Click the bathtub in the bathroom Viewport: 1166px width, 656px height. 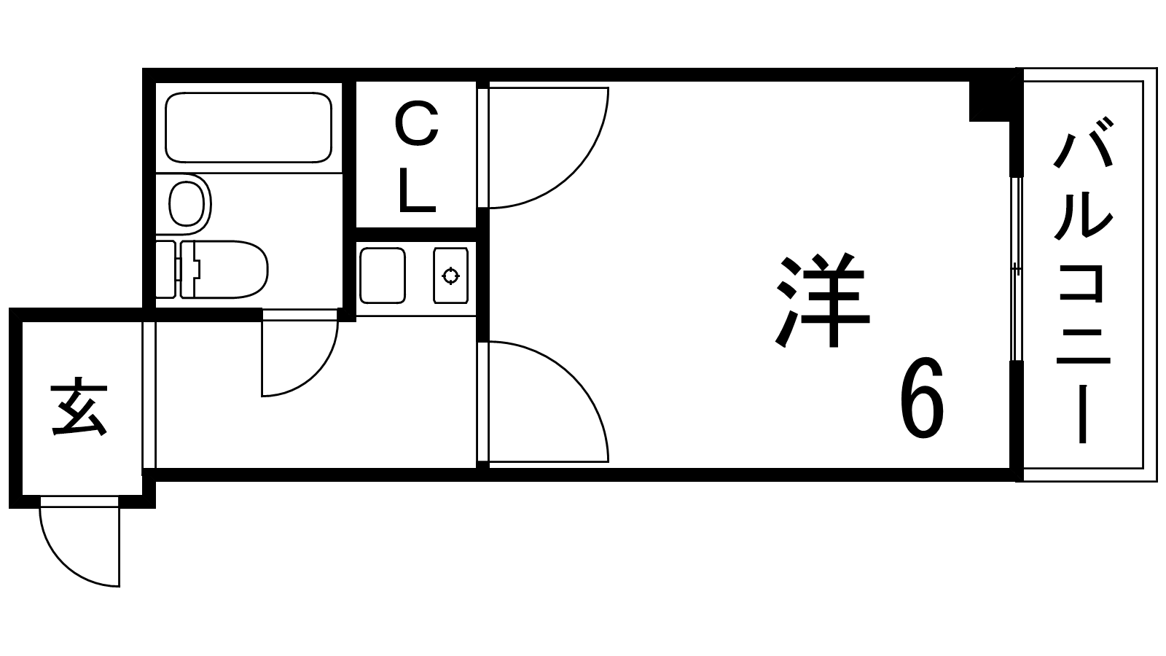[x=249, y=127]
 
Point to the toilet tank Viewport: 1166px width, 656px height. [x=166, y=269]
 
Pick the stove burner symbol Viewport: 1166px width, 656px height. [x=451, y=276]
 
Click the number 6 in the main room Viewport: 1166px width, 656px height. [x=923, y=398]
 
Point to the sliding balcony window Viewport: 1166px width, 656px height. [x=1017, y=269]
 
